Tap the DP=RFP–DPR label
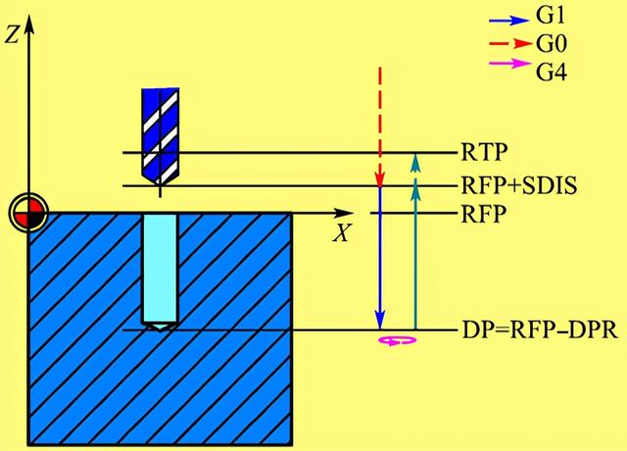(538, 330)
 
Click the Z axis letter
(11, 36)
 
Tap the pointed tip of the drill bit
(160, 183)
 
